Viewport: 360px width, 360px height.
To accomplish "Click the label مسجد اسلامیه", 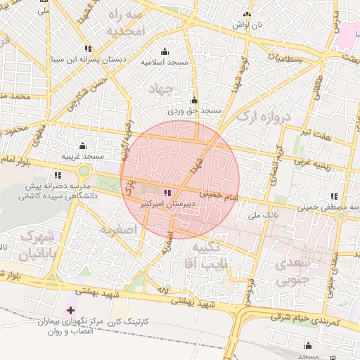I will point(165,63).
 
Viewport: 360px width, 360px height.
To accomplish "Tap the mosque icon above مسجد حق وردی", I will point(194,101).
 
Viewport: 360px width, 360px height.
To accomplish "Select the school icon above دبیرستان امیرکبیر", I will point(167,192).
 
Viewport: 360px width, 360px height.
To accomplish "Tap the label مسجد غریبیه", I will point(82,156).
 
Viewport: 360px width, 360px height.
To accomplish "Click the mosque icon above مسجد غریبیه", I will point(82,146).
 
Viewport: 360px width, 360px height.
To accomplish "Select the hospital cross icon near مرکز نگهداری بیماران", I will point(70,309).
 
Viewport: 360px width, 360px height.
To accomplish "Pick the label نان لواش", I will point(247,25).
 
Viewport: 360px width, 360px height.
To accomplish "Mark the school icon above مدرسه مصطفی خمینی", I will point(334,196).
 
